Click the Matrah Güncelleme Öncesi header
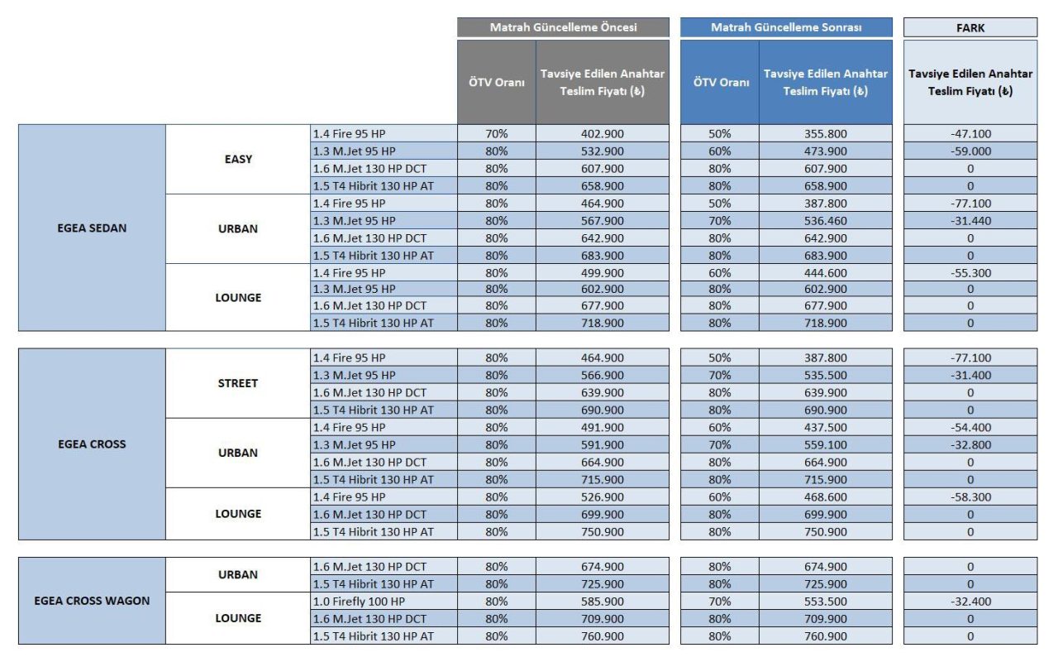point(563,27)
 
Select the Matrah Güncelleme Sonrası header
point(786,27)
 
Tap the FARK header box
point(970,27)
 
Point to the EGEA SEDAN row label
point(92,228)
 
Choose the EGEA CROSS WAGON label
point(92,601)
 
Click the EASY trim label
point(238,159)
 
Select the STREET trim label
point(238,383)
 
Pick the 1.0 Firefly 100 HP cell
point(384,602)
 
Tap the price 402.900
point(602,133)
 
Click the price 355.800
point(825,133)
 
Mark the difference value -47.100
point(970,133)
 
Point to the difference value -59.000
point(970,151)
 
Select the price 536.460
point(825,221)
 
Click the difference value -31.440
point(970,221)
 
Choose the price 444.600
point(825,273)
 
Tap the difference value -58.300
point(970,497)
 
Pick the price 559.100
point(825,445)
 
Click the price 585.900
point(602,602)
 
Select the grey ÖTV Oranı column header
point(496,83)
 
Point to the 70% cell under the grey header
point(496,133)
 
